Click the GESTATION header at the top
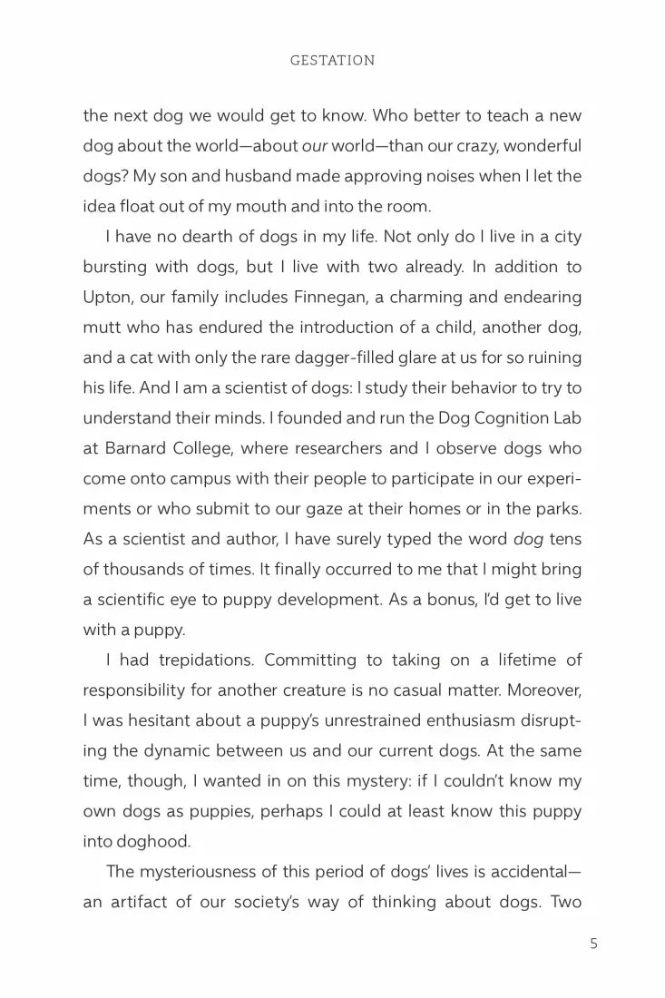[x=332, y=61]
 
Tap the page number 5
[x=593, y=944]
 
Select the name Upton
[x=107, y=297]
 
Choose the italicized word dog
[x=528, y=539]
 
